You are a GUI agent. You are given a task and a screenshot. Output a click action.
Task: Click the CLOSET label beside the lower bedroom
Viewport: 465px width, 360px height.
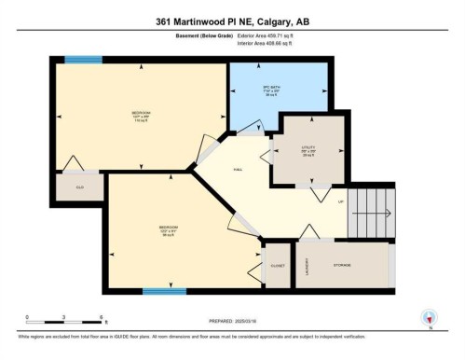[x=277, y=265]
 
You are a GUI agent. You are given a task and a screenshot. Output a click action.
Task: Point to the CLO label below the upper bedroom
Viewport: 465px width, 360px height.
[x=79, y=187]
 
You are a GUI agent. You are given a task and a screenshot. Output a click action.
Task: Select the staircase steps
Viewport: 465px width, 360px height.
[x=366, y=210]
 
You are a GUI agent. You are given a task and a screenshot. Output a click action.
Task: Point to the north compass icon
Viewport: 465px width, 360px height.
[x=429, y=317]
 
